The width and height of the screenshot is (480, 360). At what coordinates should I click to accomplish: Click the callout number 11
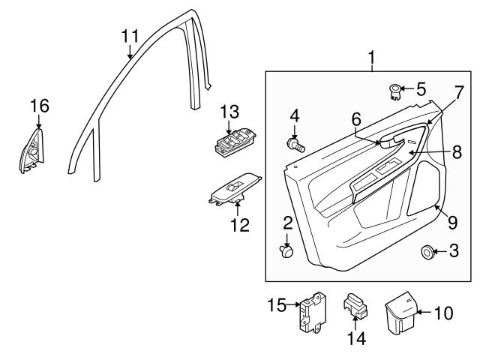(x=130, y=35)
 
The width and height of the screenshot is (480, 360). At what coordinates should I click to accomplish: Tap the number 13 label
(x=229, y=111)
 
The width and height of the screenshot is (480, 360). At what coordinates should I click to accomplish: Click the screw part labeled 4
(x=295, y=144)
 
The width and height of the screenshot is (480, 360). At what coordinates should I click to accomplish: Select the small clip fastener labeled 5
(x=394, y=92)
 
